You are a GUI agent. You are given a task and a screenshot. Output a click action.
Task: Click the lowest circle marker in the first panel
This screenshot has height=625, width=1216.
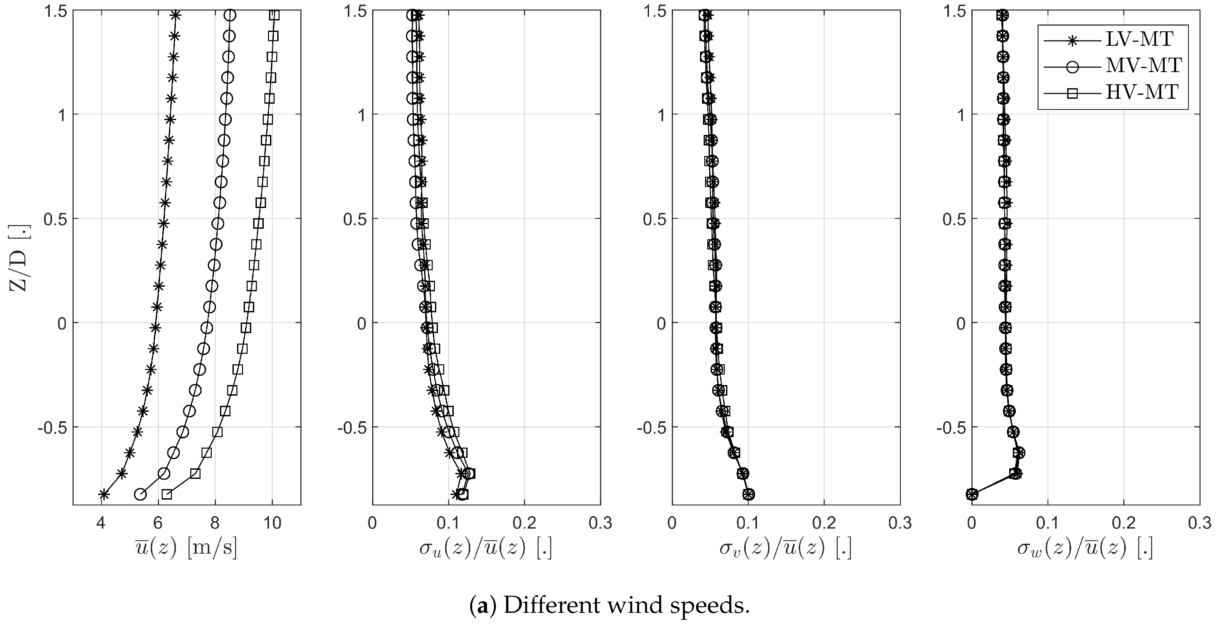[x=140, y=494]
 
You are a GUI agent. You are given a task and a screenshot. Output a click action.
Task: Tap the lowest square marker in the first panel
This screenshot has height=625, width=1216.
[x=166, y=494]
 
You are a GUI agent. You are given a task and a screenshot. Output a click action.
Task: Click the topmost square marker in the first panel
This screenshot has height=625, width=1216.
[x=274, y=15]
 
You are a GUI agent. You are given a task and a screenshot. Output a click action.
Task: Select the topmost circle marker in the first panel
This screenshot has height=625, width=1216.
[x=230, y=15]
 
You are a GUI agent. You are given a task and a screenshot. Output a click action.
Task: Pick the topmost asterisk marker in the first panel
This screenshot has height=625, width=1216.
[x=176, y=15]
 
